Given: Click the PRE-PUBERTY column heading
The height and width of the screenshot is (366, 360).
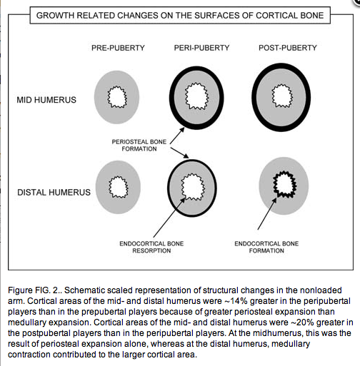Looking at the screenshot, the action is coord(118,48).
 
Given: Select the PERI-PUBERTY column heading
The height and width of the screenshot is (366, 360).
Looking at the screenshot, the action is coord(201,48).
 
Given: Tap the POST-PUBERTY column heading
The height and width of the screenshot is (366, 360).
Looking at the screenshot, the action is coord(288,48).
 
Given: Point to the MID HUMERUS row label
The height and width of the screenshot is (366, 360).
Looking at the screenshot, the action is coord(46,100).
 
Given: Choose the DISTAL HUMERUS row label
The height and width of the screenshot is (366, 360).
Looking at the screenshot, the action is coord(54,192).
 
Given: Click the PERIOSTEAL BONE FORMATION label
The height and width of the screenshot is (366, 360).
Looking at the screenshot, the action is coord(139,146).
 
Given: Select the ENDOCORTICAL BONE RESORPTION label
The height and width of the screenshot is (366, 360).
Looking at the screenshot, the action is coord(151,247).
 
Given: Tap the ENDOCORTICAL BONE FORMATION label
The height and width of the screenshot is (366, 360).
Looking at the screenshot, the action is coord(266,247).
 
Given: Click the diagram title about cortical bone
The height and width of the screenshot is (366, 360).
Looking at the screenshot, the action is coord(180,16).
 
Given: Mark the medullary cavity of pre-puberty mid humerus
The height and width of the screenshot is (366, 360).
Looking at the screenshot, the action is coord(116,97).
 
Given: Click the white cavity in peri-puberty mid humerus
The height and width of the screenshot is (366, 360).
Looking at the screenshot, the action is coord(196,96).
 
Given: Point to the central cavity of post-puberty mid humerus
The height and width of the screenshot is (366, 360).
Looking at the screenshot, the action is coord(282,96).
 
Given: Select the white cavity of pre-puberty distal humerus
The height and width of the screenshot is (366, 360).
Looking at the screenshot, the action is coord(119,187).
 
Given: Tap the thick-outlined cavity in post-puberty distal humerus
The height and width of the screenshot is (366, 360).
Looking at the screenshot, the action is coord(284,183).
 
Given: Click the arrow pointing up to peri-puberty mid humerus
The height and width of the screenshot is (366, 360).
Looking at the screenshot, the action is coord(177,136).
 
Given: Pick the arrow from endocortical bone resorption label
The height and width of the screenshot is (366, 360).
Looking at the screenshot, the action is coord(169,218).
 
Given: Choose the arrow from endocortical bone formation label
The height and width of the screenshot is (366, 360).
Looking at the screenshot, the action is coord(267,213).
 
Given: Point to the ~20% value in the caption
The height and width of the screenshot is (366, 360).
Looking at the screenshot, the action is coord(301,322).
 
